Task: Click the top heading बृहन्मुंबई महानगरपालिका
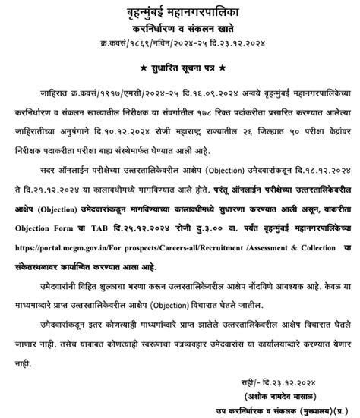point(180,10)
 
